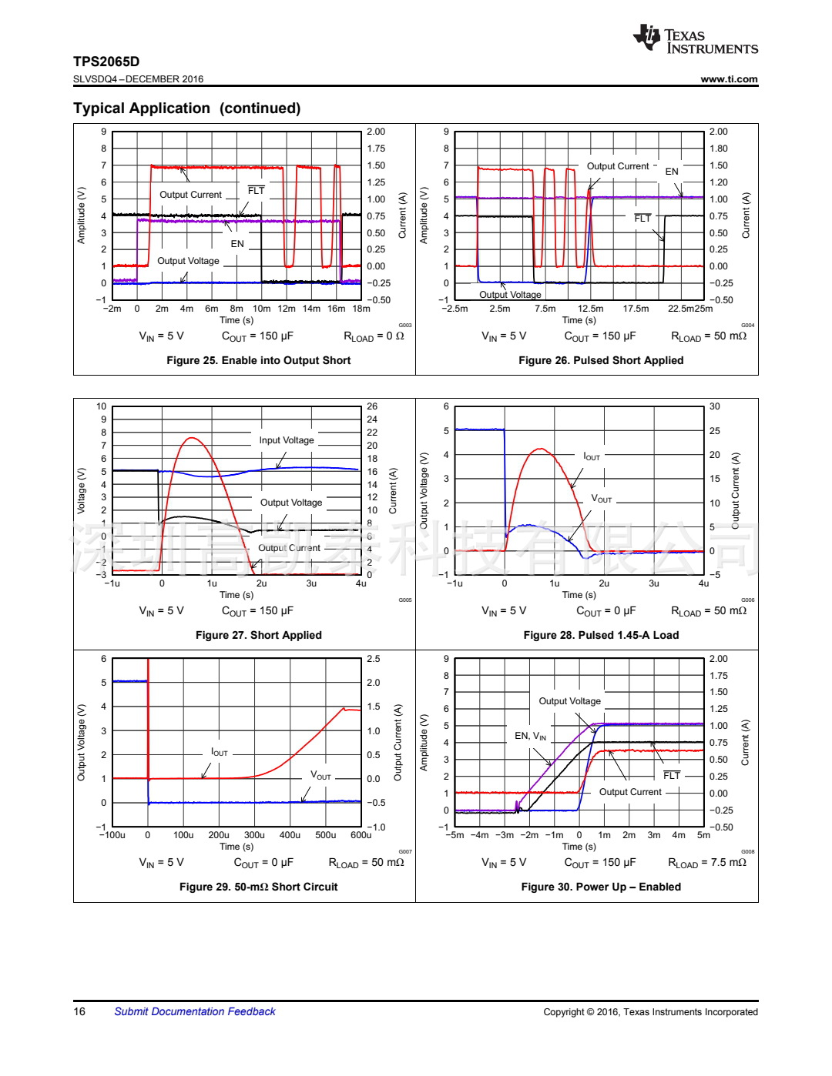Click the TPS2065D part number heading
[106, 62]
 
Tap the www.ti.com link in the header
[729, 79]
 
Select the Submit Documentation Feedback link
[194, 1011]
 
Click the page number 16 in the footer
[79, 1011]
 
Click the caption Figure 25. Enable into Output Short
[258, 360]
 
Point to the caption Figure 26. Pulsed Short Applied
[601, 360]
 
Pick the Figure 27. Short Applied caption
[258, 635]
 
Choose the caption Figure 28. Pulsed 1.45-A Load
[601, 635]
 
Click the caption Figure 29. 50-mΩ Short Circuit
[258, 887]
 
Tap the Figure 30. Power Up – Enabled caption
[601, 887]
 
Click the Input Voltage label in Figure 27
[287, 440]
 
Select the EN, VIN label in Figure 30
[531, 736]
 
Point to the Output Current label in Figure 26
[618, 166]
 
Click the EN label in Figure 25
[237, 244]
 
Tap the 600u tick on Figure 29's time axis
[361, 835]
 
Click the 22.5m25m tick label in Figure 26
[690, 309]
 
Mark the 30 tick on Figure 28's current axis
[715, 406]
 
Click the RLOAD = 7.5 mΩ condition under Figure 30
[706, 863]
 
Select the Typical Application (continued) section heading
[187, 109]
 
